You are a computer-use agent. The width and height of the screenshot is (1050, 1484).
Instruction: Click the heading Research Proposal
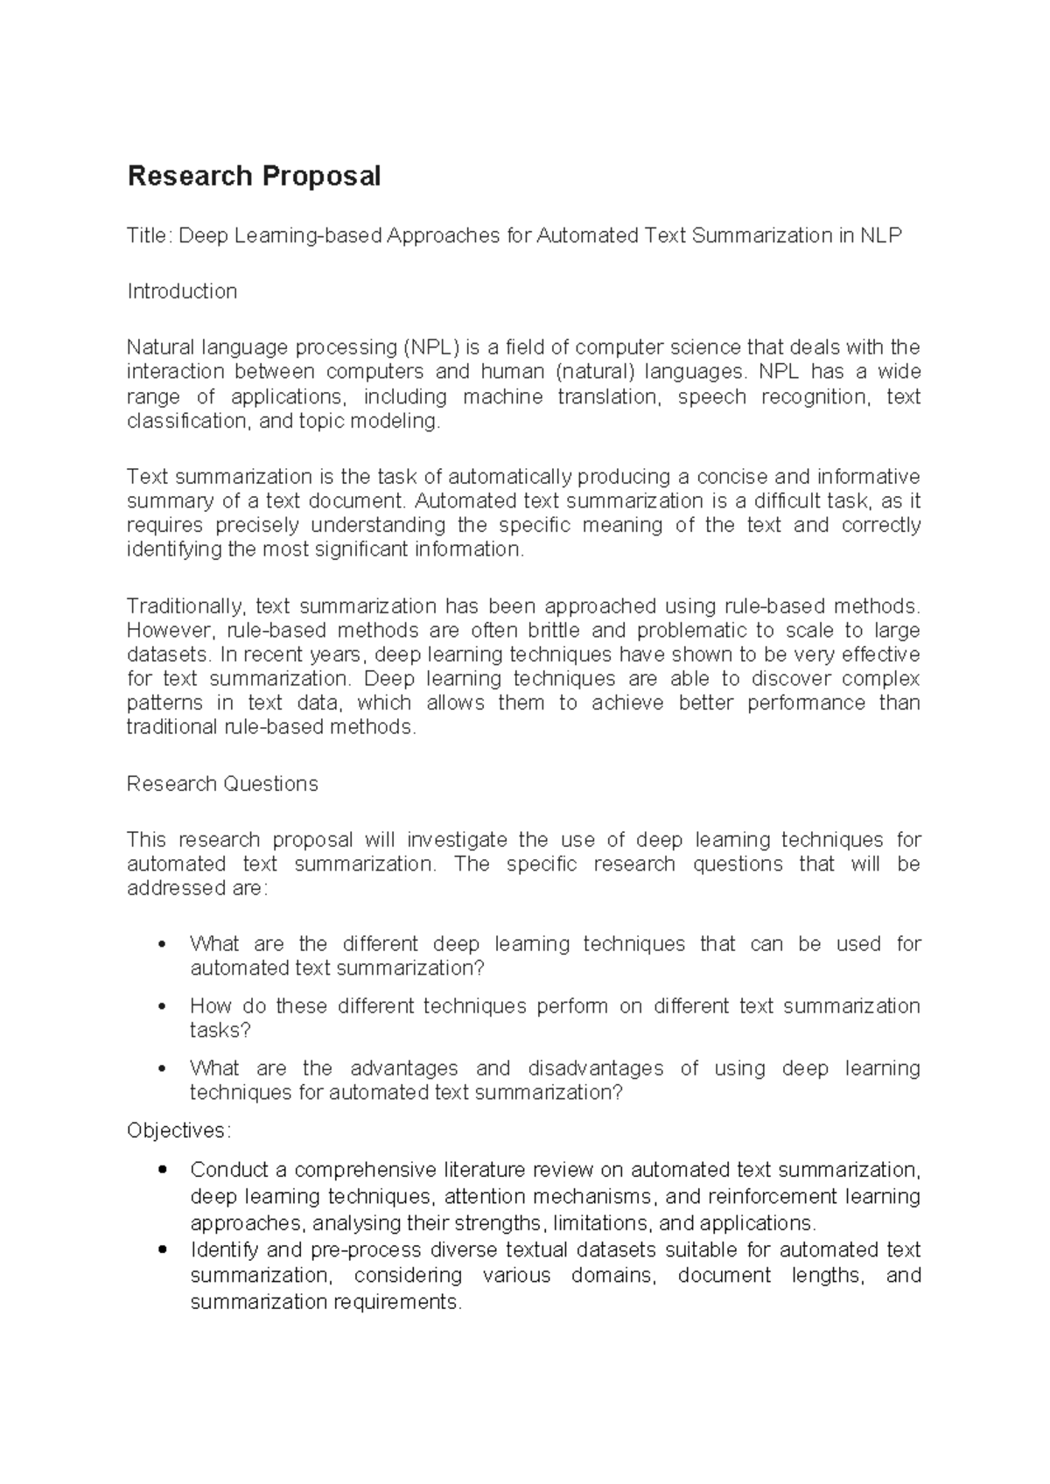pyautogui.click(x=254, y=177)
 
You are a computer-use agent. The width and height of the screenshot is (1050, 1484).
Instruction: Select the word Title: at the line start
pyautogui.click(x=150, y=235)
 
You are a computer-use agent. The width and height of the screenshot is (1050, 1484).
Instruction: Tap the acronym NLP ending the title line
pyautogui.click(x=881, y=235)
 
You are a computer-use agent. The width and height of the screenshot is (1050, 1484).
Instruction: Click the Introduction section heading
pyautogui.click(x=182, y=291)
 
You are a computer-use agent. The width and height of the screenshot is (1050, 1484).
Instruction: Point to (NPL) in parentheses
pyautogui.click(x=430, y=347)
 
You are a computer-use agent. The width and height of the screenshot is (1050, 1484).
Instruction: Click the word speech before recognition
pyautogui.click(x=712, y=396)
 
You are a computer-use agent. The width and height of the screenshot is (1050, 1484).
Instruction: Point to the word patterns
pyautogui.click(x=164, y=703)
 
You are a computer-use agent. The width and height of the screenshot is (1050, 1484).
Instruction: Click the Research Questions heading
pyautogui.click(x=222, y=784)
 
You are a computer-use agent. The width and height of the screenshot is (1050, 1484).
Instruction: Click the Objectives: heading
pyautogui.click(x=179, y=1130)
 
